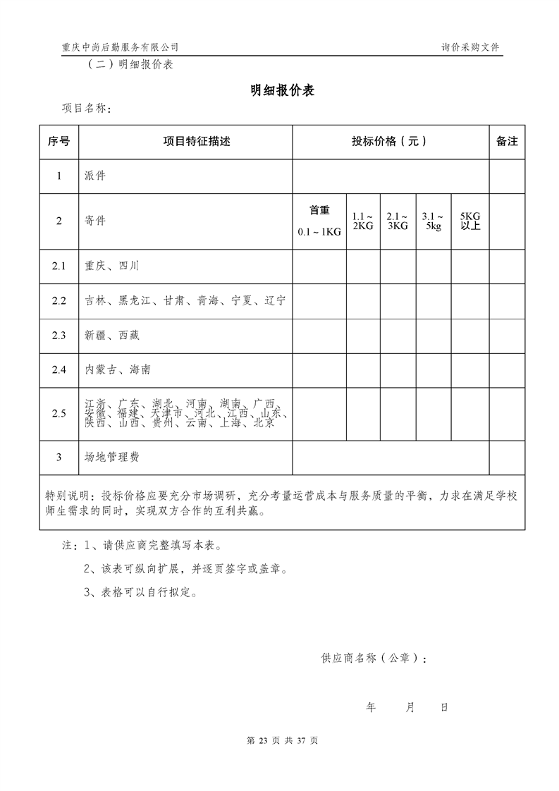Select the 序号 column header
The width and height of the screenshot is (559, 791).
(59, 142)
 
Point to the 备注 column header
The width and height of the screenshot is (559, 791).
(507, 142)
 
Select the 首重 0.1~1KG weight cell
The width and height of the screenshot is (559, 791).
(319, 221)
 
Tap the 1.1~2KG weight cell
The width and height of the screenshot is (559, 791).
(363, 221)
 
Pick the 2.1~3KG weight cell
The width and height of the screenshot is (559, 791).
(398, 221)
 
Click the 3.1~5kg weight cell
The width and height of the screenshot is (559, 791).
(433, 221)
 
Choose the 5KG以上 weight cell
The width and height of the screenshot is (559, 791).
(469, 221)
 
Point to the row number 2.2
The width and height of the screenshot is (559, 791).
(59, 300)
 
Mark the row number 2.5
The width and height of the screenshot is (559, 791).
(59, 413)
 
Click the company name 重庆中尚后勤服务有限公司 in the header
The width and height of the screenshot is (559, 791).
(120, 47)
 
